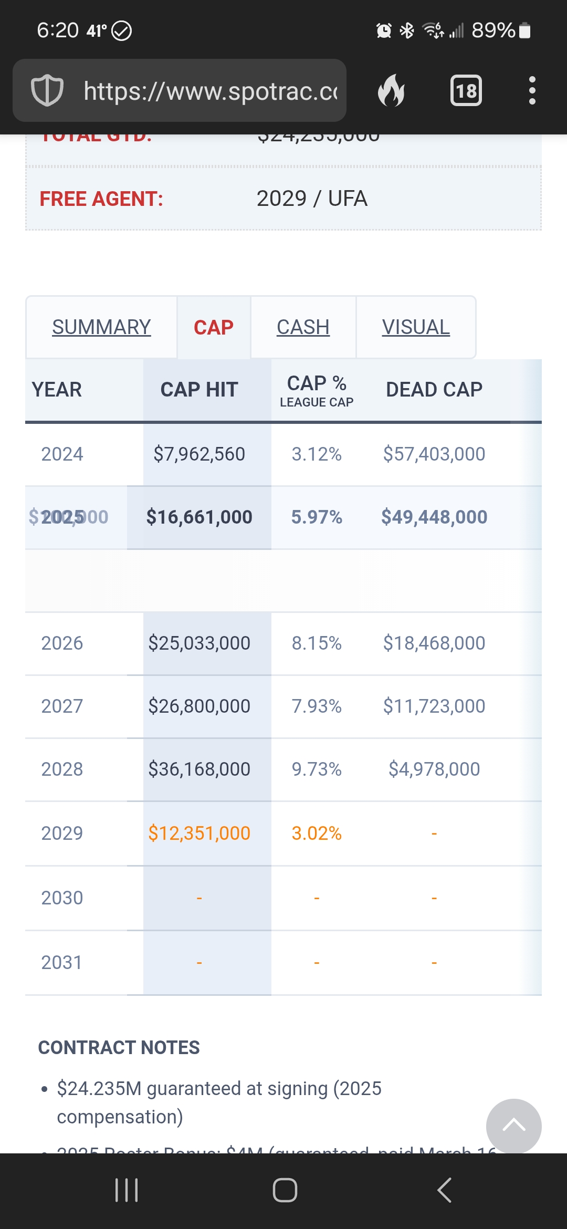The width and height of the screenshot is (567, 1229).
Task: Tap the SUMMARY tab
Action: [101, 327]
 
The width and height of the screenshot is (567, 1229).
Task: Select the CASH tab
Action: [303, 327]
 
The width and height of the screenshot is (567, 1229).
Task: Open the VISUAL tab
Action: [415, 327]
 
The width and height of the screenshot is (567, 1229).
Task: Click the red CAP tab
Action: [213, 327]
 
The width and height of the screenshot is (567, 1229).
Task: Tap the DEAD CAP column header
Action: [434, 390]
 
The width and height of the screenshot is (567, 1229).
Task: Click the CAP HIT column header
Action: [199, 390]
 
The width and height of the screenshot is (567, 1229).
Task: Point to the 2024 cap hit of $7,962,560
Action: [199, 454]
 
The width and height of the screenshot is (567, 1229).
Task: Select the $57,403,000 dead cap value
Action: [434, 454]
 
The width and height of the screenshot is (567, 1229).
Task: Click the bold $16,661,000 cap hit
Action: [199, 517]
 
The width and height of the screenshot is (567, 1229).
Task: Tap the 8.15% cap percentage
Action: [317, 643]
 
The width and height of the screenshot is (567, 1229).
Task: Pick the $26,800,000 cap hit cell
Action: [199, 706]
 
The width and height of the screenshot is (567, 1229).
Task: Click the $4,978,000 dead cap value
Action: [434, 769]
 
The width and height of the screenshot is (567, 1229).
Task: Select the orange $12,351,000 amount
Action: [199, 833]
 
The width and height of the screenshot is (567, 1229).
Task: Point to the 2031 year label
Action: [62, 962]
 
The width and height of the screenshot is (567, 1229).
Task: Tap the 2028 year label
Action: [62, 769]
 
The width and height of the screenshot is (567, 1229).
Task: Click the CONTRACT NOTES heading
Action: [119, 1047]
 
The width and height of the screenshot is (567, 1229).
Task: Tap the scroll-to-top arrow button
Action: [513, 1126]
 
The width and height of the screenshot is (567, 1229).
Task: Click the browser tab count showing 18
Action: [466, 91]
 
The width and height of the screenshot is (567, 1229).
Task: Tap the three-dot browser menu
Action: [532, 91]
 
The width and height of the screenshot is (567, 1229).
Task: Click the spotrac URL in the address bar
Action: [210, 91]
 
